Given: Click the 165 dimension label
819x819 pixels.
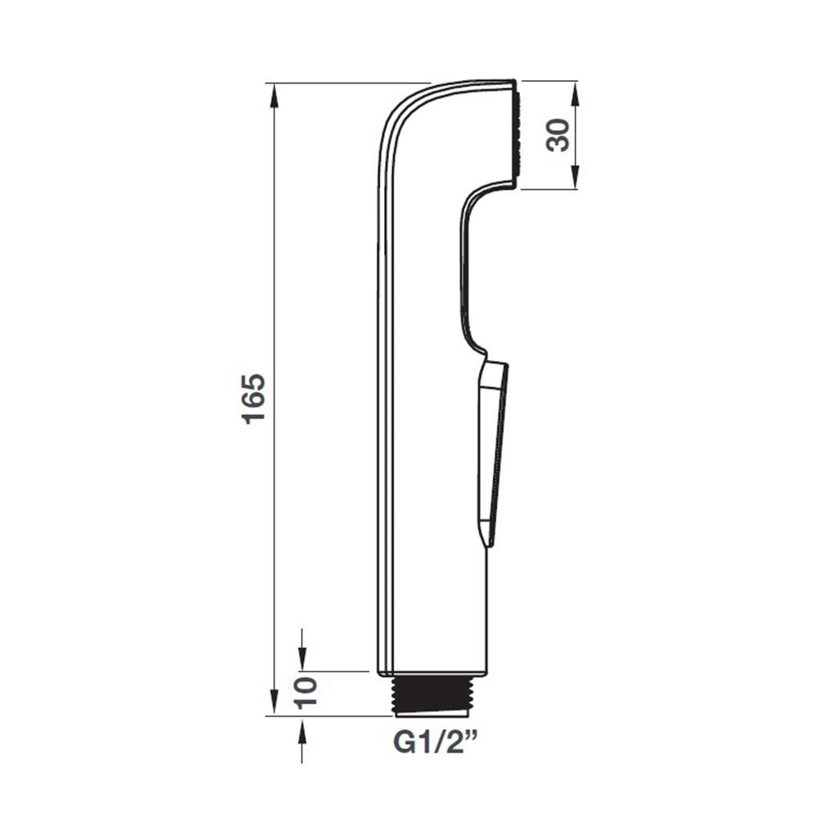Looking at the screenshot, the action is coord(255,399).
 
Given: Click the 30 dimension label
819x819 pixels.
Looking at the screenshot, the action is coord(557,135).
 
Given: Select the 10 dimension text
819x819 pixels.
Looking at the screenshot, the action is coord(306,692).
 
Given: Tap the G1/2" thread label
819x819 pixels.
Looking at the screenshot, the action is coord(436,742).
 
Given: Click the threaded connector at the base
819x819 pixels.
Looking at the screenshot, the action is coord(433,695).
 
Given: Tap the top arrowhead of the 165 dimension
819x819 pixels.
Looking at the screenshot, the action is coord(274,95).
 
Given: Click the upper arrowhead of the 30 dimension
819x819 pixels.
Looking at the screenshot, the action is coord(575,93).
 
